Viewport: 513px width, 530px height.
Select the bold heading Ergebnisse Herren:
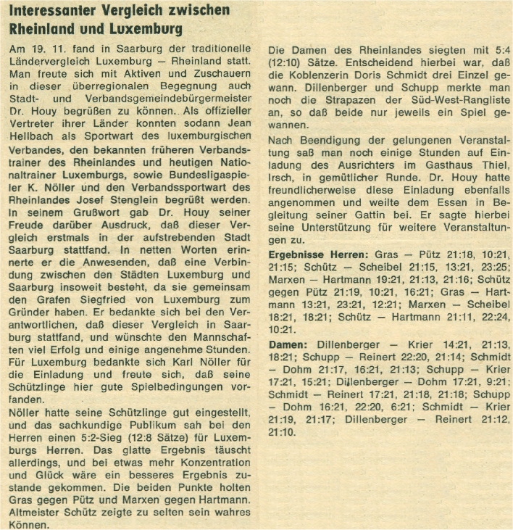point(319,256)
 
